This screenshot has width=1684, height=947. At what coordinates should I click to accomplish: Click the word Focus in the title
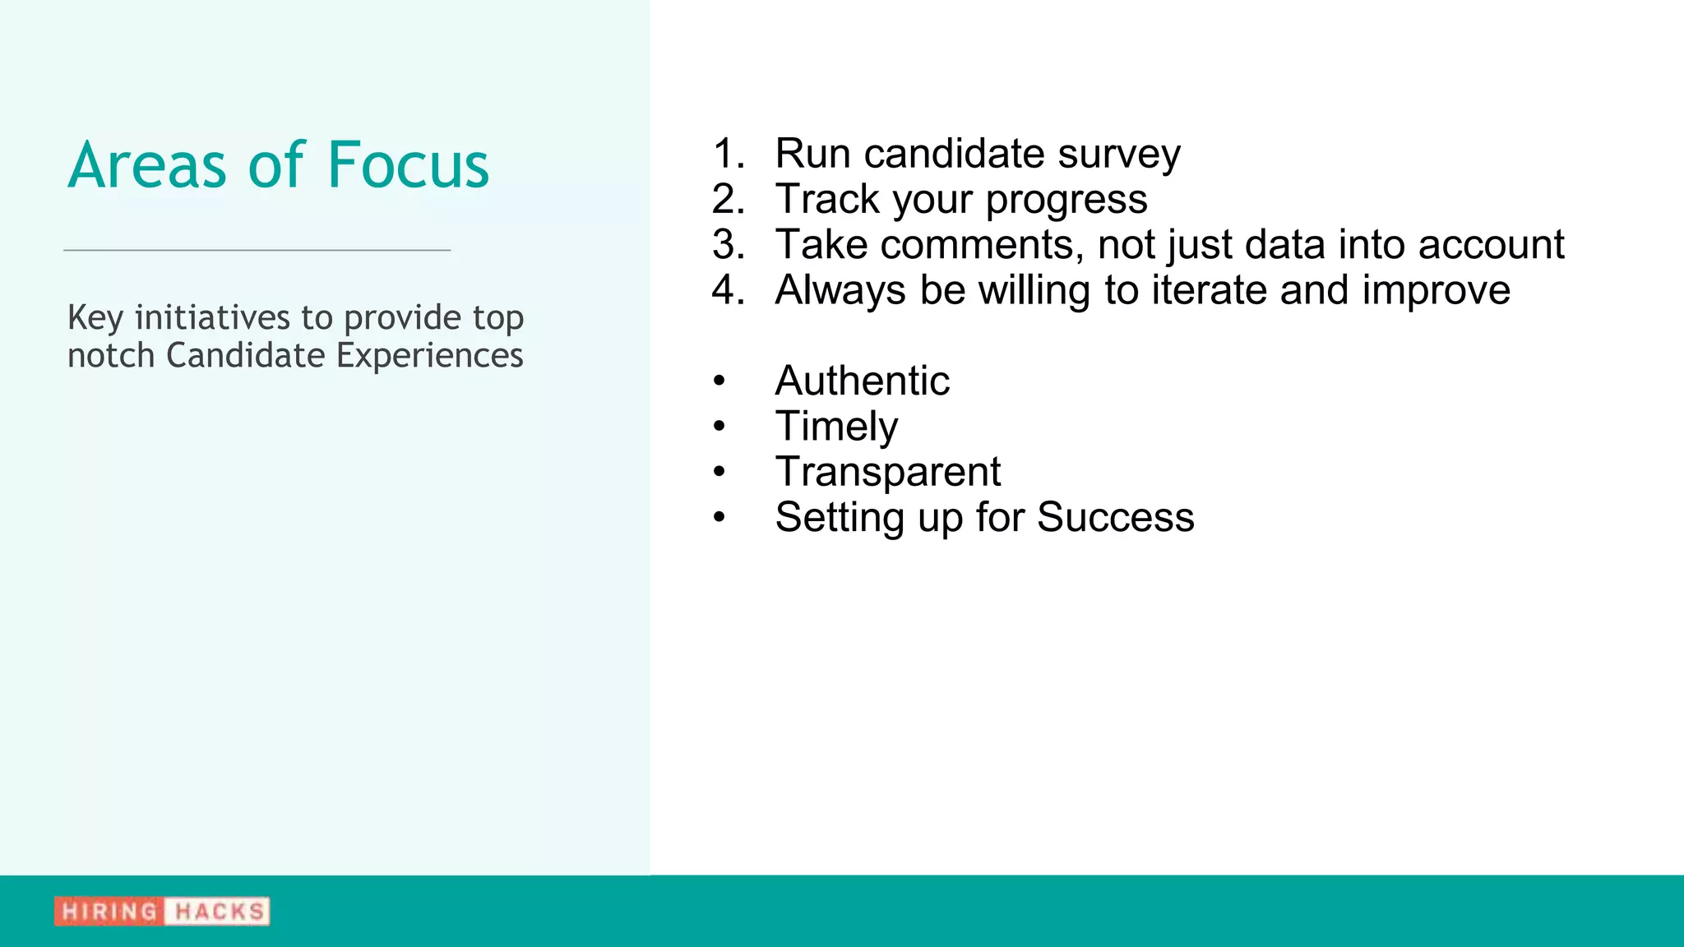[x=408, y=165]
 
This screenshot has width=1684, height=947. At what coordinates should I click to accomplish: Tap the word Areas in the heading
[x=146, y=165]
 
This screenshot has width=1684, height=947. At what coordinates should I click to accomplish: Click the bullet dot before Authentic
[x=719, y=381]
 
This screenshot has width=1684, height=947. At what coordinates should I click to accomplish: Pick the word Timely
[x=836, y=427]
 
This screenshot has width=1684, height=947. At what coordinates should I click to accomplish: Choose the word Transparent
[x=887, y=473]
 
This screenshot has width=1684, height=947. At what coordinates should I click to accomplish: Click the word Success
[x=1115, y=517]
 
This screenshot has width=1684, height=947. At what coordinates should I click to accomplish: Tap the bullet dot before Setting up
[x=719, y=518]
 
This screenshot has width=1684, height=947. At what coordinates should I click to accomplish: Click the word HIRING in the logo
[x=109, y=911]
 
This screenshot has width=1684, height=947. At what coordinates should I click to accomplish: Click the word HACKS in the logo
[x=219, y=911]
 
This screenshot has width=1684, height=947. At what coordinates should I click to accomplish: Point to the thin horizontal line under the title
[x=257, y=250]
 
